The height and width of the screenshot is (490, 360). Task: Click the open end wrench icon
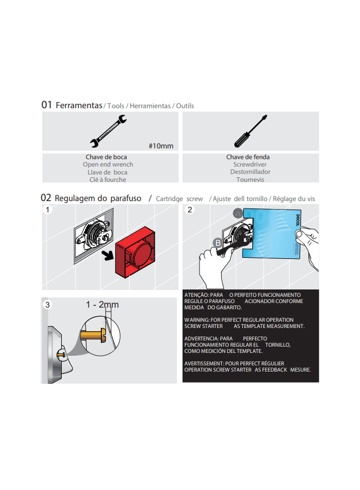click(108, 131)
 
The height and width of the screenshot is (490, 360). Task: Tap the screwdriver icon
click(251, 131)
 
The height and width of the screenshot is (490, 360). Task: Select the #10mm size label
click(161, 146)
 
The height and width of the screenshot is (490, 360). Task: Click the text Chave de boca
click(107, 157)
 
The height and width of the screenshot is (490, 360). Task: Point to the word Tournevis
click(250, 180)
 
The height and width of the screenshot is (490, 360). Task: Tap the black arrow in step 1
click(108, 255)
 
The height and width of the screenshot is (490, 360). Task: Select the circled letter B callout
click(218, 243)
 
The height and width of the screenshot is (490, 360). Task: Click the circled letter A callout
click(238, 214)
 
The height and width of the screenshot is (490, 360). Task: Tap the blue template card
click(272, 233)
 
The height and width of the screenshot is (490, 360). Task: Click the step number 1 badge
click(48, 210)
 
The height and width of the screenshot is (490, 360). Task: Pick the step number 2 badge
click(189, 210)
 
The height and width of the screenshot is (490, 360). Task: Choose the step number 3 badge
click(47, 305)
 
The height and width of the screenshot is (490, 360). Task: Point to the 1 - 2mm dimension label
click(102, 304)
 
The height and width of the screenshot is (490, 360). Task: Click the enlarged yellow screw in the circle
click(93, 335)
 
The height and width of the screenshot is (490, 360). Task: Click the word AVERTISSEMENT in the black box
click(204, 364)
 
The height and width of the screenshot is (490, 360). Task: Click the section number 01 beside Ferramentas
click(46, 105)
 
